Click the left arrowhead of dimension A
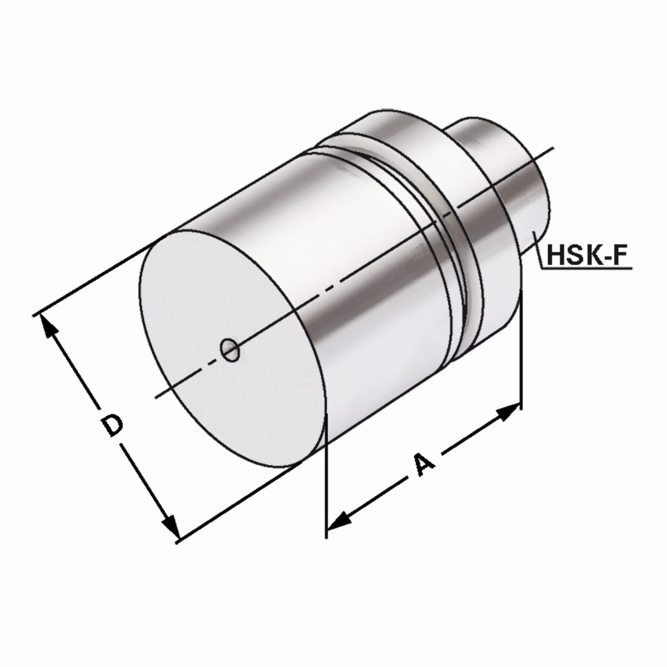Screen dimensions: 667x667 (340, 521)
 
